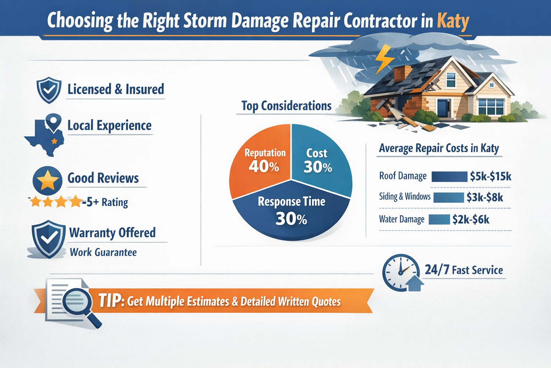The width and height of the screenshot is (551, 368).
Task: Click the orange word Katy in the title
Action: [453, 21]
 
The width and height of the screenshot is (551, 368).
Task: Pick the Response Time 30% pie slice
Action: [291, 212]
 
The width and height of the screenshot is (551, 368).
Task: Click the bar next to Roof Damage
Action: [449, 176]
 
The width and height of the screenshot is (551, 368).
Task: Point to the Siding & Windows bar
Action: [448, 198]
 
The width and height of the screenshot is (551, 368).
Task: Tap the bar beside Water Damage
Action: [439, 220]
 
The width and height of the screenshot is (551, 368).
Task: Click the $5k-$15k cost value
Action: [490, 176]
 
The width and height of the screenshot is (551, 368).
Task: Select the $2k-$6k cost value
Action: [471, 220]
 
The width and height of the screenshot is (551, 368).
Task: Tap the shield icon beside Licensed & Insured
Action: [49, 90]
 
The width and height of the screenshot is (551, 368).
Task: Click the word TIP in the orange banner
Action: [110, 300]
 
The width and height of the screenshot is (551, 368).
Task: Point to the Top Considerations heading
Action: [286, 106]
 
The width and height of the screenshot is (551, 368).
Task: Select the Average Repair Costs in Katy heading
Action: [439, 148]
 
